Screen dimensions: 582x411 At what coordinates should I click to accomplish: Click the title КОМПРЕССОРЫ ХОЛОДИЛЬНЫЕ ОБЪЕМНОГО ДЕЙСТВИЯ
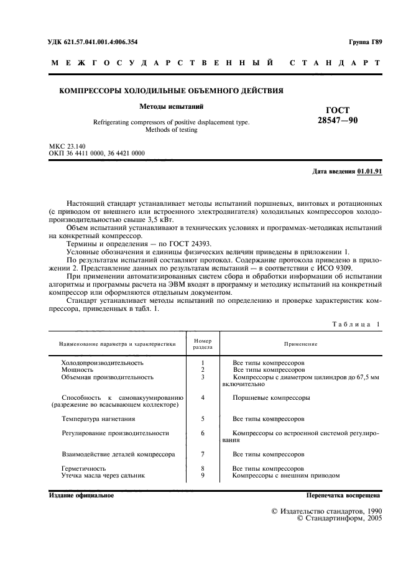171,91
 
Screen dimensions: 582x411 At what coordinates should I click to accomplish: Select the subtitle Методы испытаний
171,106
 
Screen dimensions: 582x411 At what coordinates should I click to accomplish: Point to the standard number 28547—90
337,121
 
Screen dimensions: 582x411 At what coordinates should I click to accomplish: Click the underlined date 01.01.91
370,171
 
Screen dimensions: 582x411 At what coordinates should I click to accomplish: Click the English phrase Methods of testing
171,131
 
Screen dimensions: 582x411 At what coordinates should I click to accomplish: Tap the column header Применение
301,344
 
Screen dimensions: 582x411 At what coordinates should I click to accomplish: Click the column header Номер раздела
203,344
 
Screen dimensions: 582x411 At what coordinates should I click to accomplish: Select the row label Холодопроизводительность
102,362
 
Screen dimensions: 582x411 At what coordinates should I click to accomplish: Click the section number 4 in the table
203,397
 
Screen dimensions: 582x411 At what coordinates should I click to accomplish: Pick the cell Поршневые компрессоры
270,397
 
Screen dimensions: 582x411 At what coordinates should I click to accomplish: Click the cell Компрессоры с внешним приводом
285,475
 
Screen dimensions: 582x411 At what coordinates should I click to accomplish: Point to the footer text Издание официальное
81,496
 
